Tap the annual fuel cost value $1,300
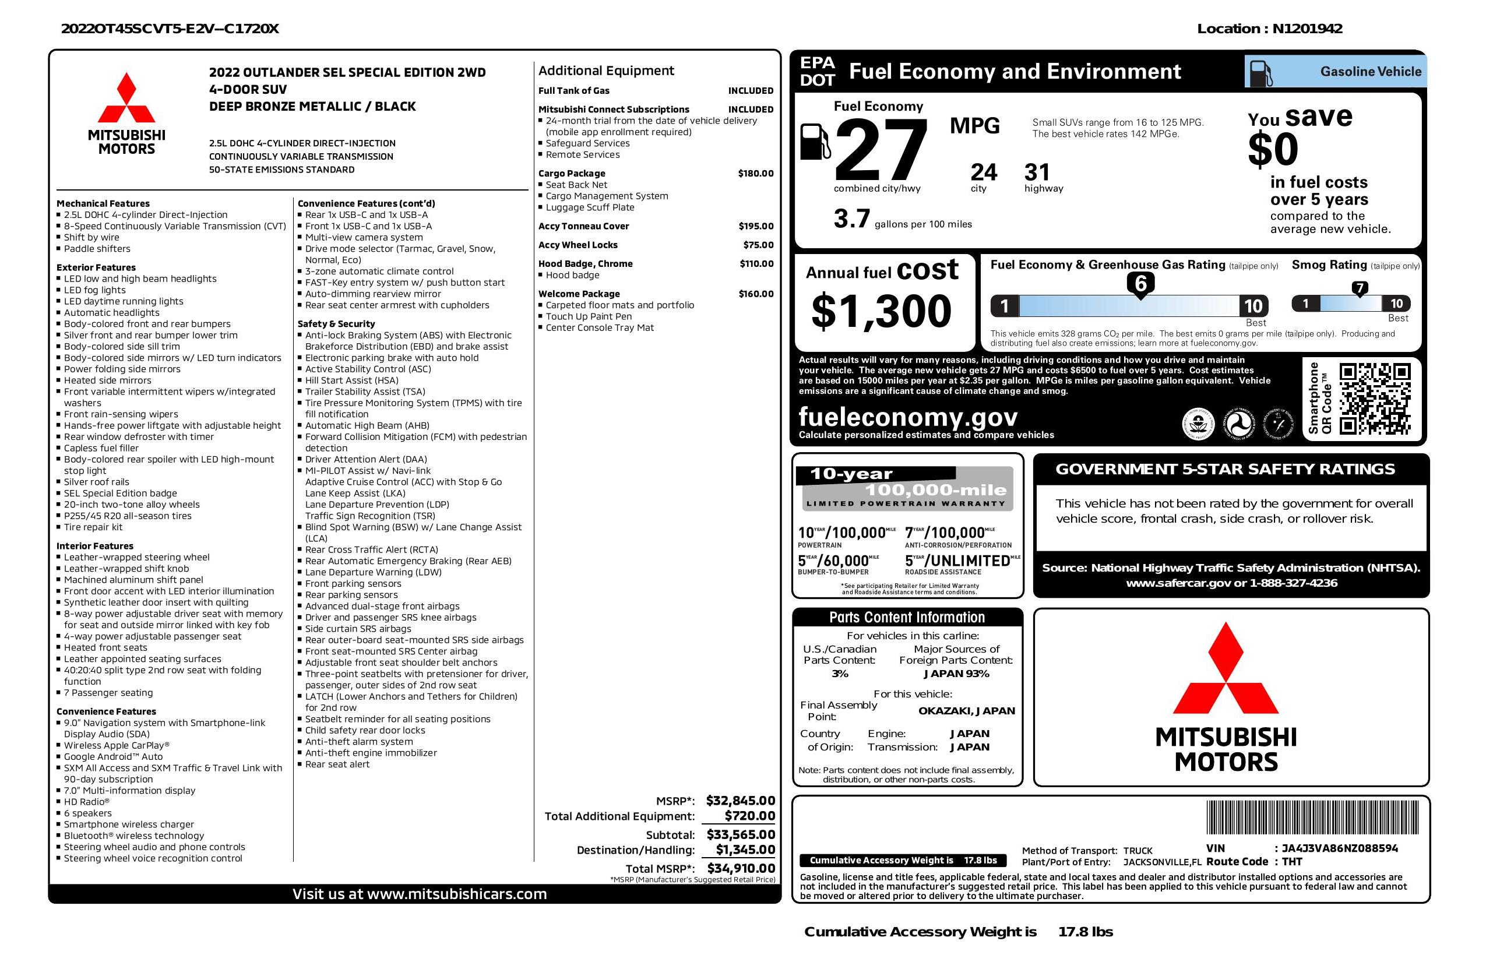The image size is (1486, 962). pos(881,311)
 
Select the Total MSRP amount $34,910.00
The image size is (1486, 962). pos(741,868)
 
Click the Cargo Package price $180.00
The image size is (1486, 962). pos(755,174)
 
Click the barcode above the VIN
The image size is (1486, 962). pos(1311,818)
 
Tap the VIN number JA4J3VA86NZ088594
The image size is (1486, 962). pos(1339,848)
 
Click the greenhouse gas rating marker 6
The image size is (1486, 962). pos(1140,284)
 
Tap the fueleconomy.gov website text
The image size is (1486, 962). pos(908,417)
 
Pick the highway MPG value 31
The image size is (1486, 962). pos(1037,172)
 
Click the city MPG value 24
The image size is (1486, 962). pos(984,172)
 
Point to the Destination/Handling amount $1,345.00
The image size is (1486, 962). pos(745,850)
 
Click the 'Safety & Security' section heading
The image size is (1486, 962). pos(336,323)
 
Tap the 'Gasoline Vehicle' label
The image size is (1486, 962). pos(1370,72)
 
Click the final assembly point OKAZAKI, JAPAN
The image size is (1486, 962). pos(966,710)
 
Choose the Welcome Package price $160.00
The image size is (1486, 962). pos(755,294)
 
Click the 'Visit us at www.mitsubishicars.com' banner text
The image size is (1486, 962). pos(420,894)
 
